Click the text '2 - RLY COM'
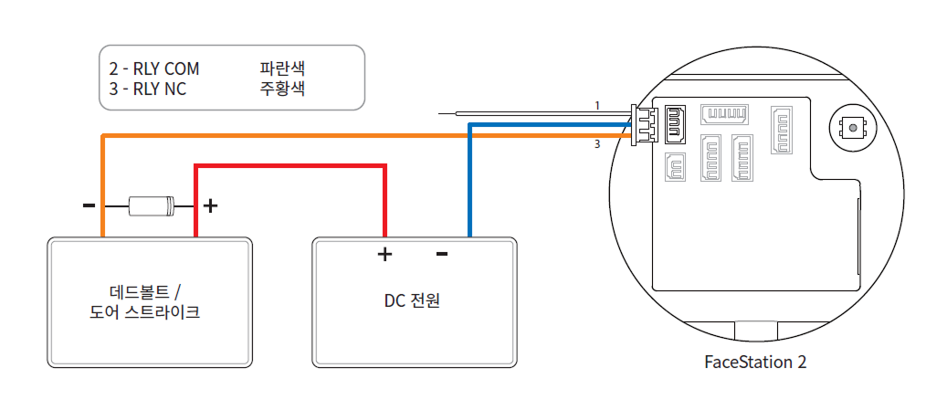click(153, 68)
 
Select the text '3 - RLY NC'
click(147, 89)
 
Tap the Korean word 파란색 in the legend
click(282, 68)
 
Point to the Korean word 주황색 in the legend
click(282, 89)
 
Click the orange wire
click(365, 136)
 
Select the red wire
click(292, 166)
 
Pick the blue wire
click(469, 183)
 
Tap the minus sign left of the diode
click(89, 205)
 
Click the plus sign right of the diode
click(210, 205)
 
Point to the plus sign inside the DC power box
click(384, 254)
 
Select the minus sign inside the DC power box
click(442, 253)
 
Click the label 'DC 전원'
click(412, 300)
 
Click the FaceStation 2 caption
click(755, 362)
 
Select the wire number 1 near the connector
click(597, 106)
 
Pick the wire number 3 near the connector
click(597, 144)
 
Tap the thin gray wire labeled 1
click(530, 114)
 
